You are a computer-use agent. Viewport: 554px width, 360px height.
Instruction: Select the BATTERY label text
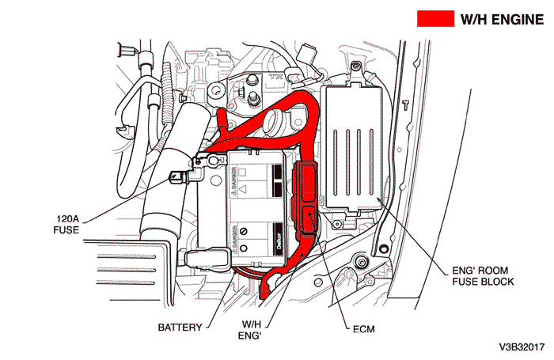pyautogui.click(x=180, y=326)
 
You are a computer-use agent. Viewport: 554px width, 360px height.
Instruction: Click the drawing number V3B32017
pyautogui.click(x=522, y=347)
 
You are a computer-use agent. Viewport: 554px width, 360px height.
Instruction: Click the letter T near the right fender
pyautogui.click(x=404, y=104)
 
